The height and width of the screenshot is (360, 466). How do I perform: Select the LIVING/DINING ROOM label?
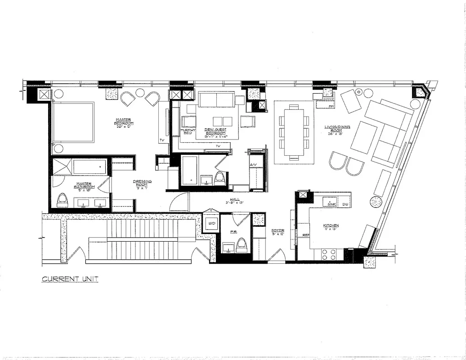point(337,130)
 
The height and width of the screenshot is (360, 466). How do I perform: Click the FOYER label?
point(278,233)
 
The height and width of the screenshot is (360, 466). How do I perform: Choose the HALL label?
point(234,200)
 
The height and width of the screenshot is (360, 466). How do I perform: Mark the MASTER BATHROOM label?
point(84,186)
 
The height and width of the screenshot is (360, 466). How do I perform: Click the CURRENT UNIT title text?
point(70,279)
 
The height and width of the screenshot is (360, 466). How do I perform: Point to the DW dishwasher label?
point(345,204)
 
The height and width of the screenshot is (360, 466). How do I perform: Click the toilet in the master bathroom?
point(62,199)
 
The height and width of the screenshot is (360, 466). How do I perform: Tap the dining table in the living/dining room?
point(294,132)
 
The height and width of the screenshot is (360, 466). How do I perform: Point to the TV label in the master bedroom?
point(161,141)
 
